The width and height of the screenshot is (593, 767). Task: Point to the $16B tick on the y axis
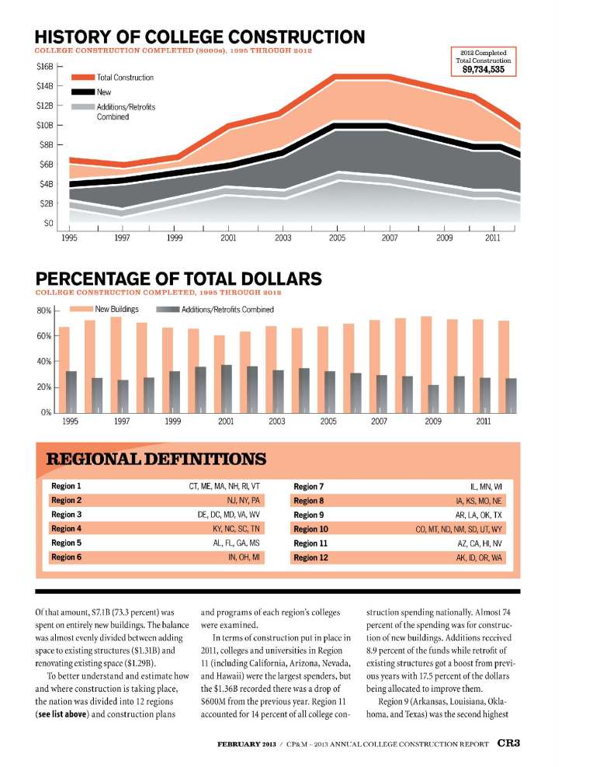click(44, 67)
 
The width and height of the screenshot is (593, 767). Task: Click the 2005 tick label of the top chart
click(336, 238)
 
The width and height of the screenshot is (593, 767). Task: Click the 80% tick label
click(43, 311)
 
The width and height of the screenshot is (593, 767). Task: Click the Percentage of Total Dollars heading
click(179, 278)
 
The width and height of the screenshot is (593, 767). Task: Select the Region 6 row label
click(67, 557)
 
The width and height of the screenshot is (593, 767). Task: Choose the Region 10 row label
click(312, 529)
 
